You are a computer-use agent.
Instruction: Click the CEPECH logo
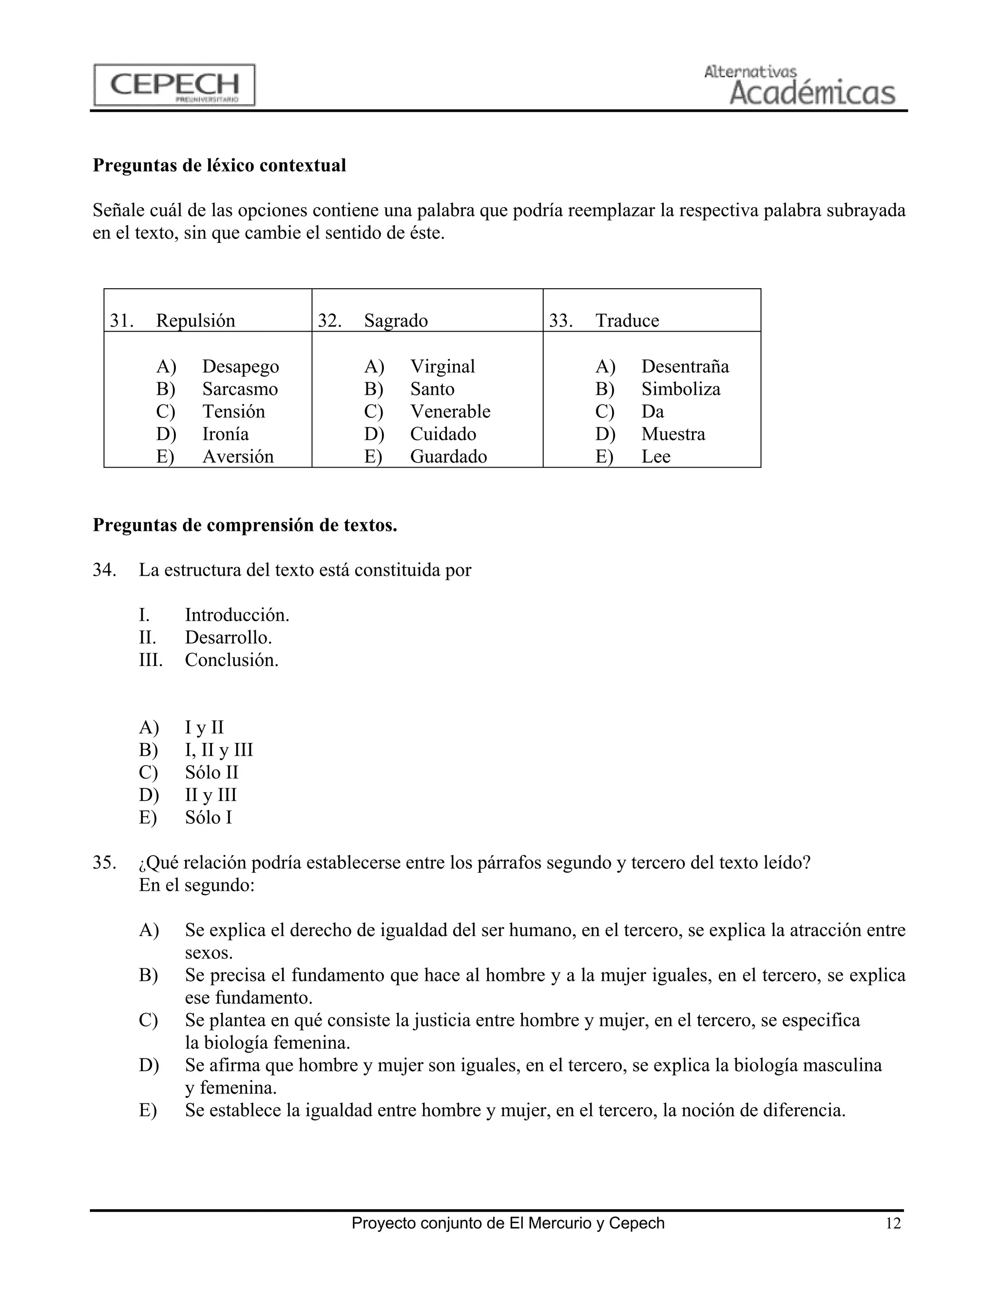click(174, 85)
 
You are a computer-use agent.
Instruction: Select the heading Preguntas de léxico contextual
click(219, 166)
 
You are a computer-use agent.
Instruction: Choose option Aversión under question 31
click(238, 457)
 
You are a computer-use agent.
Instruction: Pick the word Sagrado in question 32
click(396, 321)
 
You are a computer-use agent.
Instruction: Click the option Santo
click(432, 389)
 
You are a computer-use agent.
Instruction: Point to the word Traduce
click(627, 321)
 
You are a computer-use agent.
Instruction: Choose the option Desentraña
click(685, 367)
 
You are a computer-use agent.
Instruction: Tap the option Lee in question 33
click(656, 457)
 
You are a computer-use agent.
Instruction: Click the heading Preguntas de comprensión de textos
click(245, 525)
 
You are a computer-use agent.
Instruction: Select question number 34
click(104, 570)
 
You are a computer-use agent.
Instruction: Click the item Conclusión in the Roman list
click(231, 660)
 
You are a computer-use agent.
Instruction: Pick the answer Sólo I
click(208, 818)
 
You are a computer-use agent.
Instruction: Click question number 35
click(104, 863)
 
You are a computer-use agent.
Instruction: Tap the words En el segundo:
click(196, 885)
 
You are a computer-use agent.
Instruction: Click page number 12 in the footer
click(893, 1223)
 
